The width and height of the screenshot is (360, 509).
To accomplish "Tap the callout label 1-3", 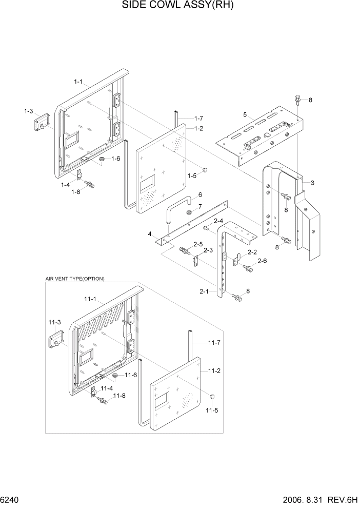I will [28, 111].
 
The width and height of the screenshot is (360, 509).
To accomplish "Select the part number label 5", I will [245, 114].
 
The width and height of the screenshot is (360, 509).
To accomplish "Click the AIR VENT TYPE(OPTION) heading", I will [75, 279].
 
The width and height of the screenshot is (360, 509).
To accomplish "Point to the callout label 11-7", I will [215, 342].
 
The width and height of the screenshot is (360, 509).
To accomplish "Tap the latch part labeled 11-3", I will [55, 339].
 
